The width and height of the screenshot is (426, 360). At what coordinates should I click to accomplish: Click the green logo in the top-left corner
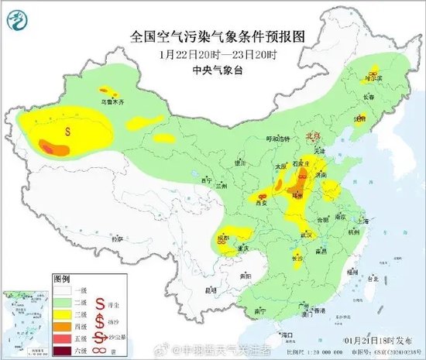[16, 16]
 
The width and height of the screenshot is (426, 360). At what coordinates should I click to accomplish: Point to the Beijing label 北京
[313, 135]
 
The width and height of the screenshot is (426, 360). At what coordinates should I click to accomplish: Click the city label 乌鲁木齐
[112, 101]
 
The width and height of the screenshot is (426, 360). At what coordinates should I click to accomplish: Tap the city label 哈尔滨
[374, 78]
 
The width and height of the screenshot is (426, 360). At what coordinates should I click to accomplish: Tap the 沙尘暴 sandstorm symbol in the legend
[101, 338]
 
